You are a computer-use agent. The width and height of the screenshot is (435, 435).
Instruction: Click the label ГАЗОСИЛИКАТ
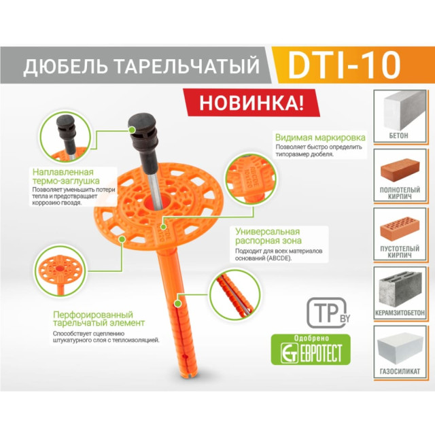[400, 371]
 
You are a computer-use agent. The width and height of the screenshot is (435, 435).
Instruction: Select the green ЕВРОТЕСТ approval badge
[310, 349]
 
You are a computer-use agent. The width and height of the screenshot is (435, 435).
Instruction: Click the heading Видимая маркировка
[320, 137]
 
